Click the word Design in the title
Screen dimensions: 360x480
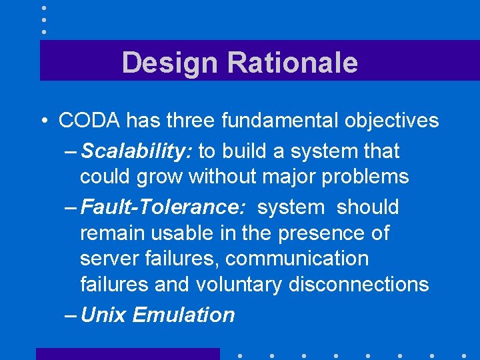pyautogui.click(x=170, y=63)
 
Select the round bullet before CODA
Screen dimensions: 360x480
pyautogui.click(x=43, y=121)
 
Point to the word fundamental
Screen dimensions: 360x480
pyautogui.click(x=284, y=121)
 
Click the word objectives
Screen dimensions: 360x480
pyautogui.click(x=395, y=121)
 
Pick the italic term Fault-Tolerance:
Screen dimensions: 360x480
pyautogui.click(x=162, y=207)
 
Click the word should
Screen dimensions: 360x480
pyautogui.click(x=367, y=207)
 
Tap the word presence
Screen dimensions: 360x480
pyautogui.click(x=328, y=233)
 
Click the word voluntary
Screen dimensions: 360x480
pyautogui.click(x=239, y=285)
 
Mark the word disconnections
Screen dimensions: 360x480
pyautogui.click(x=359, y=285)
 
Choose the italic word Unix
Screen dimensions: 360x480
pyautogui.click(x=103, y=315)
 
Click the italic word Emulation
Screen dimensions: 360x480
pyautogui.click(x=183, y=315)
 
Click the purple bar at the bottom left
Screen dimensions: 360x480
pyautogui.click(x=127, y=354)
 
